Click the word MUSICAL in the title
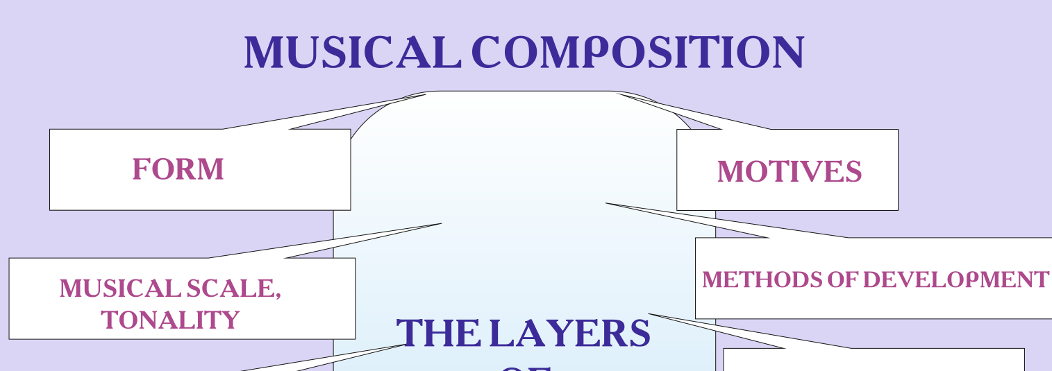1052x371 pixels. [x=352, y=53]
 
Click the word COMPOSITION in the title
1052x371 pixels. [x=637, y=53]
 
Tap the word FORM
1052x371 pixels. [x=178, y=169]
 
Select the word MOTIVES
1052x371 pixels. [x=789, y=171]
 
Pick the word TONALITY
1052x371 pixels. [x=170, y=320]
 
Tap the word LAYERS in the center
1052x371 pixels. [x=569, y=334]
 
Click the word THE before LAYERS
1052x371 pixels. [x=437, y=334]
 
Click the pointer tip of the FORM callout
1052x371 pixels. [x=425, y=95]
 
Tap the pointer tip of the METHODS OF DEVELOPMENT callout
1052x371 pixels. [x=606, y=203]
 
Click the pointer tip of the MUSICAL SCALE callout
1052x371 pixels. [x=442, y=223]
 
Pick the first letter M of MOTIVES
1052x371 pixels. [x=729, y=171]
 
